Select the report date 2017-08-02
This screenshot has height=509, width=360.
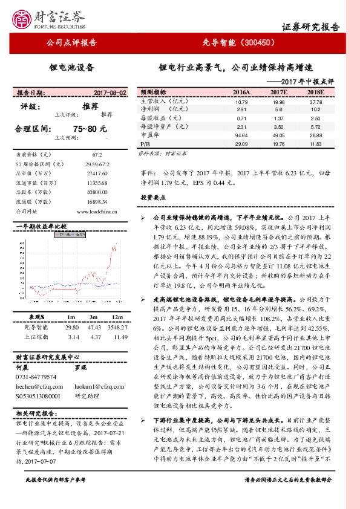point(110,93)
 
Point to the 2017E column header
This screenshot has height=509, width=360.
point(278,92)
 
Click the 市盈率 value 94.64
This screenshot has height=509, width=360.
point(241,136)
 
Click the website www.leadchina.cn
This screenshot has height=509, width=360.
point(97,212)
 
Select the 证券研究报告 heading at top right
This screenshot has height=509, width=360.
point(311,27)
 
